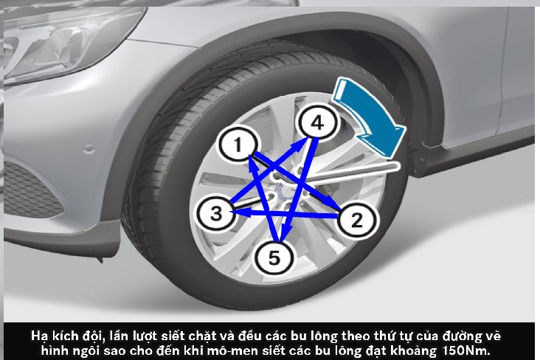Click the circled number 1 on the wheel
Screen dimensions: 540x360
pos(238,144)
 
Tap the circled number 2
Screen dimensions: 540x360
pos(356,219)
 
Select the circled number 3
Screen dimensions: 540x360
pos(216,212)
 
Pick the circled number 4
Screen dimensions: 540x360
pos(317,122)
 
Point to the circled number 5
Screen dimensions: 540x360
pos(274,257)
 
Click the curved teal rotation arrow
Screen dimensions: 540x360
pos(370,114)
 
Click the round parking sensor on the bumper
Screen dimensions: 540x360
pos(89,148)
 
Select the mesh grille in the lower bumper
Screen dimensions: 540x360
pos(32,190)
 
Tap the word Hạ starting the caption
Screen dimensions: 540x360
pos(38,336)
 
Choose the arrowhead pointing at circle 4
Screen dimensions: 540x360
pos(301,145)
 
